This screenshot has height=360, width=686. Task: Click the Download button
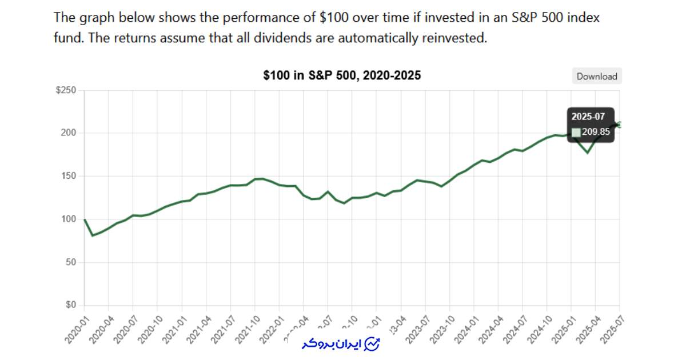(596, 76)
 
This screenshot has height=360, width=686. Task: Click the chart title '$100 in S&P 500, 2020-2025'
(342, 75)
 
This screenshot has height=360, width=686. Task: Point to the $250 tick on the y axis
(65, 90)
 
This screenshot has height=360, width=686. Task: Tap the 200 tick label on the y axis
(69, 133)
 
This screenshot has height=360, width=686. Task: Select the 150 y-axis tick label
(69, 176)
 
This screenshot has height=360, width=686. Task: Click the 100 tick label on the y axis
(69, 219)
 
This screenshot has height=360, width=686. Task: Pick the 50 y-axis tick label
(71, 262)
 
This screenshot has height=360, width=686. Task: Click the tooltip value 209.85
(596, 132)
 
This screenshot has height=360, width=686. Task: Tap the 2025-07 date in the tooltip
(588, 117)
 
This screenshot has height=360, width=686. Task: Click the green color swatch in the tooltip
(576, 132)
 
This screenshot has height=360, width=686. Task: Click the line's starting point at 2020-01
(85, 219)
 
